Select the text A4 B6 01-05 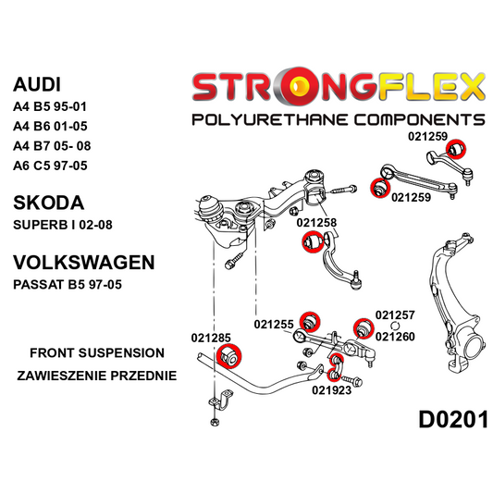click(x=52, y=127)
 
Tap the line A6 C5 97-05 click(x=52, y=167)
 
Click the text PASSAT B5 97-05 click(x=68, y=286)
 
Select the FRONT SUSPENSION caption click(x=96, y=352)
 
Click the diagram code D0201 click(x=452, y=419)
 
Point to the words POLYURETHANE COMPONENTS click(x=337, y=119)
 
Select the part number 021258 click(x=316, y=223)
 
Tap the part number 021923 click(x=331, y=389)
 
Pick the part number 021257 click(x=395, y=315)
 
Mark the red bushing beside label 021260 click(x=362, y=328)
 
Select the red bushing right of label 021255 click(x=312, y=321)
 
